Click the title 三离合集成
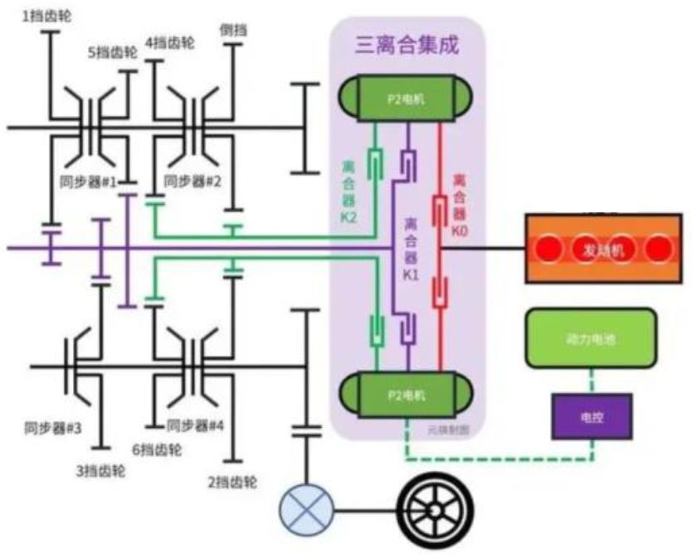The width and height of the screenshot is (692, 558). [407, 46]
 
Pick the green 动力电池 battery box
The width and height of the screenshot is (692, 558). [590, 338]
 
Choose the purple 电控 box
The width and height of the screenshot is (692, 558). [592, 417]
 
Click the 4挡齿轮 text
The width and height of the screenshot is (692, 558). [169, 41]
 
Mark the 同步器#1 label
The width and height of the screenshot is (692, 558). [88, 181]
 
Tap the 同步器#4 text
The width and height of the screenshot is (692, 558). [196, 425]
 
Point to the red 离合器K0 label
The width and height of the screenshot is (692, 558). [461, 203]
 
